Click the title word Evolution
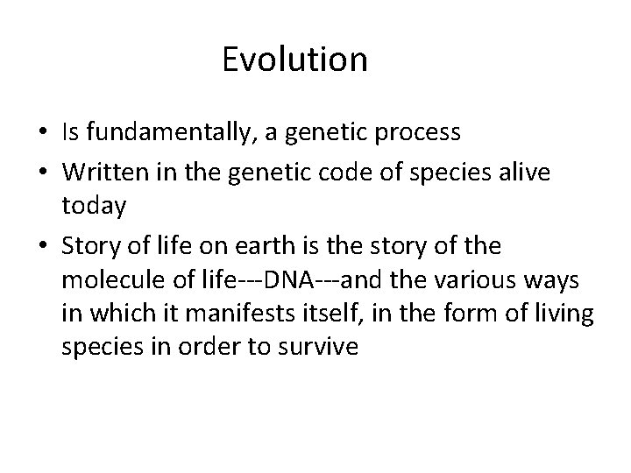(294, 60)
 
